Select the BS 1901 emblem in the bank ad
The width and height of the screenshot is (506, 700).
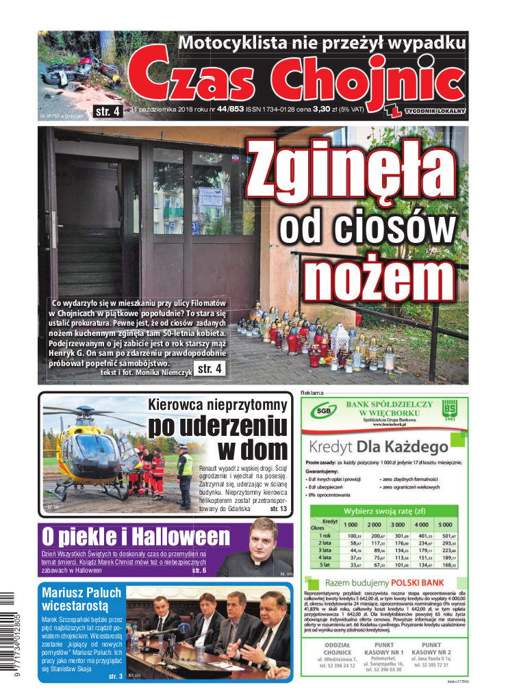coord(449,412)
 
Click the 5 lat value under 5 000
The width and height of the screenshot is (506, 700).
coord(448,565)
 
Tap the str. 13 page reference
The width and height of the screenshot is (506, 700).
coord(278,509)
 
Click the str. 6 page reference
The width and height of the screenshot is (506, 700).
coord(199,570)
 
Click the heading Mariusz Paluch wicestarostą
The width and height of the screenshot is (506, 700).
coord(81,599)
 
